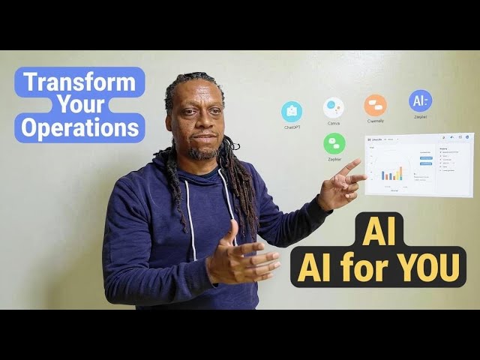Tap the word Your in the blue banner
[x=79, y=105]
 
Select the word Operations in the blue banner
[x=79, y=127]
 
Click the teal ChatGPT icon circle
[x=292, y=112]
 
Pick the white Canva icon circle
[x=334, y=108]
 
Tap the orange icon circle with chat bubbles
[x=375, y=105]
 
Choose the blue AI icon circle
[x=419, y=101]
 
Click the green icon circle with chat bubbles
[x=334, y=143]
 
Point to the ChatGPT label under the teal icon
[x=292, y=127]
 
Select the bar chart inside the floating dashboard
[x=391, y=172]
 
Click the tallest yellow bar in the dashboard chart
[x=400, y=172]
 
